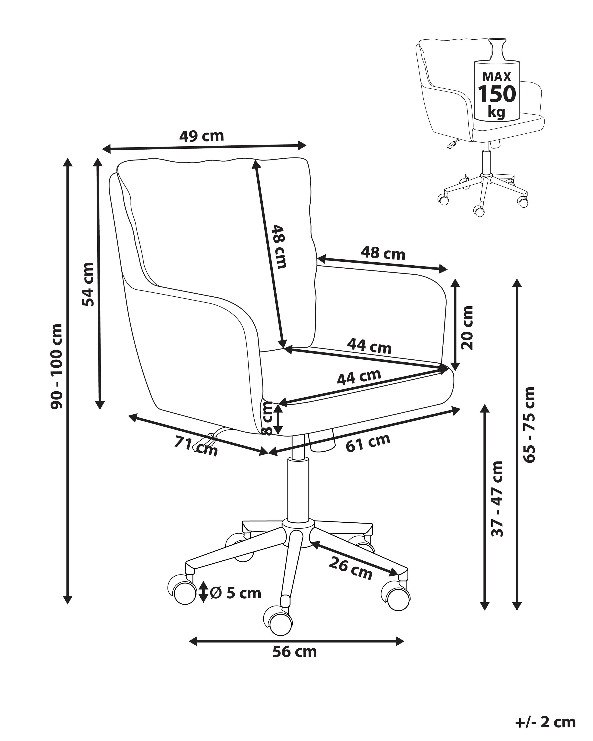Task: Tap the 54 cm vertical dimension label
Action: [x=88, y=284]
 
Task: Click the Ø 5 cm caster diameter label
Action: [x=236, y=593]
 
